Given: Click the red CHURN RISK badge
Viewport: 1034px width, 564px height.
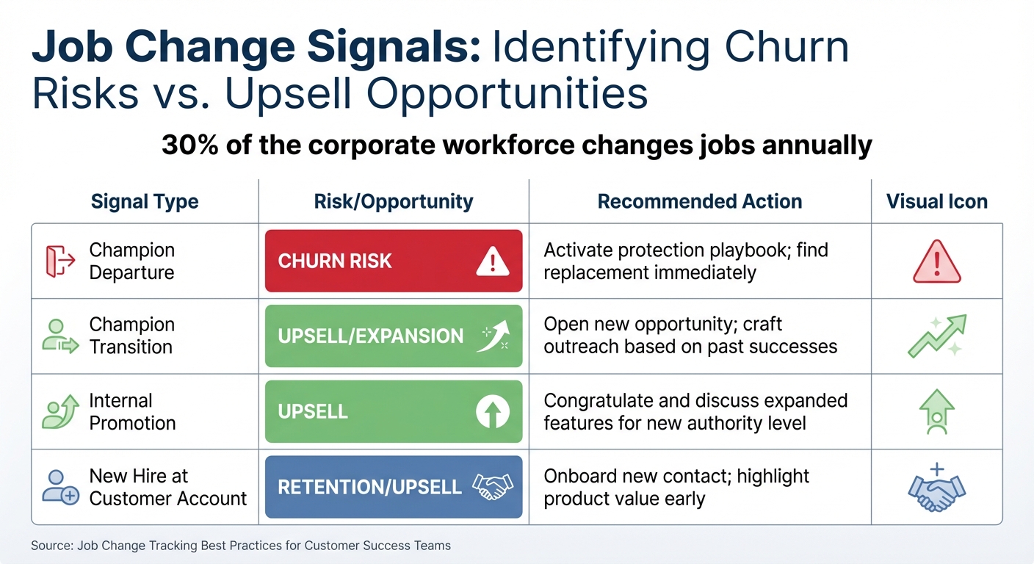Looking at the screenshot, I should [x=393, y=261].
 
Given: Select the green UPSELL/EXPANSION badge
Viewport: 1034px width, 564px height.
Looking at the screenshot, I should [x=393, y=336].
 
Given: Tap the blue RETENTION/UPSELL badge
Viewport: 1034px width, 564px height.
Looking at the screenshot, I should [x=393, y=487].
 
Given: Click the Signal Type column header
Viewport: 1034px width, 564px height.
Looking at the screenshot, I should [x=145, y=202].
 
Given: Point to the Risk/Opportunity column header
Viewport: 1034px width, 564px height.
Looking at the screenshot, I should [x=394, y=202].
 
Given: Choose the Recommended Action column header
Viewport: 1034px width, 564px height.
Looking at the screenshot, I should [x=699, y=202].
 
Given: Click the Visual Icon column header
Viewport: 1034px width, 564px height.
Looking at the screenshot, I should [x=936, y=202].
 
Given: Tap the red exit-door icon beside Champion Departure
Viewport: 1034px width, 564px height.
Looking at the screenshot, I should [x=56, y=261].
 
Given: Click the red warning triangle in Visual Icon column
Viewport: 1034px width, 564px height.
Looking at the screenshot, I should [x=936, y=262].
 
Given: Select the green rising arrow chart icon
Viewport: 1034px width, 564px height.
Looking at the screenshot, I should [x=936, y=336].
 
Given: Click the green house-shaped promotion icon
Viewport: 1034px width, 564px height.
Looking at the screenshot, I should [x=936, y=412].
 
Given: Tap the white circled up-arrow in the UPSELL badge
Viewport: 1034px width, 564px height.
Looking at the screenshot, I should [x=492, y=412].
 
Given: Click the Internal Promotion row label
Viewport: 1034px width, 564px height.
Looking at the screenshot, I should [x=132, y=412].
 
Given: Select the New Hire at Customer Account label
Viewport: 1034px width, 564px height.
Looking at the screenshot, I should [x=167, y=487].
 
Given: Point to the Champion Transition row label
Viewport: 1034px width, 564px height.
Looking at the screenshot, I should [x=132, y=336].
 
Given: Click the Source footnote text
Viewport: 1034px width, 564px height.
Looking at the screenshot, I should [x=241, y=546].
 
